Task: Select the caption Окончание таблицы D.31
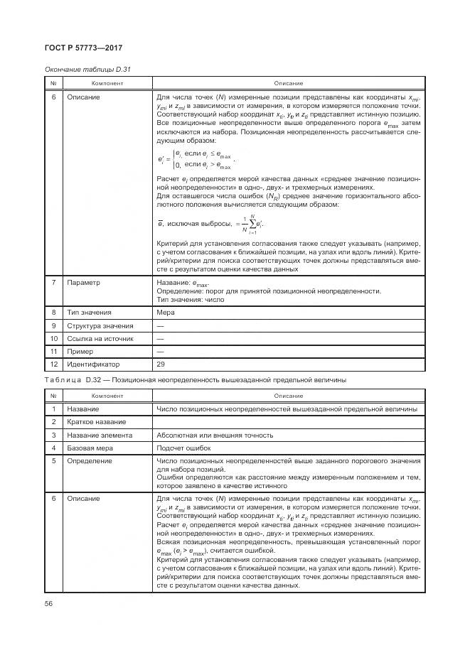point(87,69)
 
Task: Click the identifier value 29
point(160,364)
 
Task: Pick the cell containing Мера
point(164,312)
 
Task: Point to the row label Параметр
point(84,282)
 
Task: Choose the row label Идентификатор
point(93,364)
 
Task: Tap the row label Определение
point(90,460)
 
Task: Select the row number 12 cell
point(54,364)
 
